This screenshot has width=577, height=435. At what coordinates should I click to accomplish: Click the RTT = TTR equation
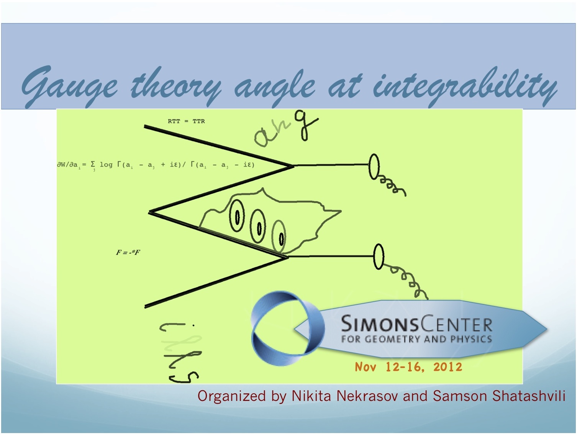[186, 121]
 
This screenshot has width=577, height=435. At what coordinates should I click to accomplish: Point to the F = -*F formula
[128, 252]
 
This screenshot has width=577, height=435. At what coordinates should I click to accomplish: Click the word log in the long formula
[106, 165]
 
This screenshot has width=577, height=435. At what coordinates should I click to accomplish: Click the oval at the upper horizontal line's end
[374, 167]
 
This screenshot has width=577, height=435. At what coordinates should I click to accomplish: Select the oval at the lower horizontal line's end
[379, 257]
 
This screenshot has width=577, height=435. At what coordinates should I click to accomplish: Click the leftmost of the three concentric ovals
[237, 216]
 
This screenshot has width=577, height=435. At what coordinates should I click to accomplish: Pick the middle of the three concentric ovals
[258, 226]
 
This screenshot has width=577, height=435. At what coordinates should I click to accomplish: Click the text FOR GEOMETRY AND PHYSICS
[416, 339]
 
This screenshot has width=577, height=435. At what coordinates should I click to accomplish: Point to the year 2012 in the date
[448, 367]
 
